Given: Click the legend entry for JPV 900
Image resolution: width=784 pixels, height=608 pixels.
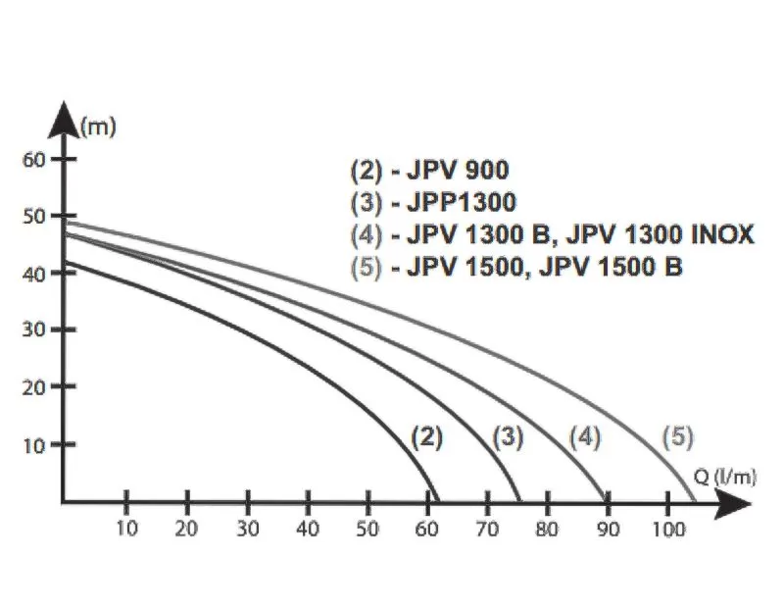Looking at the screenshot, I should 430,171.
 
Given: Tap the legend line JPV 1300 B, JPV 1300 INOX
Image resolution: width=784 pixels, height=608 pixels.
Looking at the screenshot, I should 552,235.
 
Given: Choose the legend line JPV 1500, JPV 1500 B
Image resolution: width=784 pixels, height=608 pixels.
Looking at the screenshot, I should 516,267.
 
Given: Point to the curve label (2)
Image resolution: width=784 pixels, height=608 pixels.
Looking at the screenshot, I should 426,439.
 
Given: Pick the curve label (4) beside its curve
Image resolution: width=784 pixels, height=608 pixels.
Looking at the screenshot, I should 583,439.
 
